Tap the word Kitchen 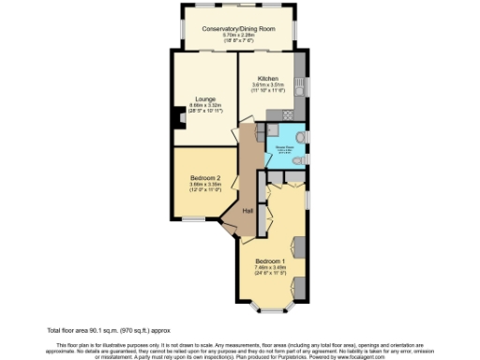268,78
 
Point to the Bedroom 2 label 205,178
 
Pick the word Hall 248,211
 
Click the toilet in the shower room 297,160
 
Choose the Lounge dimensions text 206,108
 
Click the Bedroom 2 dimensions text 205,187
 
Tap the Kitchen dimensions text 268,88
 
